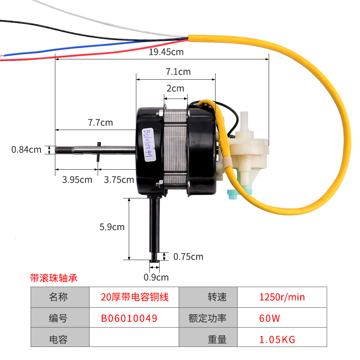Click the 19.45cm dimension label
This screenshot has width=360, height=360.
(166, 52)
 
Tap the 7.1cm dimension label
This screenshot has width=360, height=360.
(178, 72)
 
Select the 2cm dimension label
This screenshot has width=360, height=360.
(175, 88)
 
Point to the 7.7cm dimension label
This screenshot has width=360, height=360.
(100, 122)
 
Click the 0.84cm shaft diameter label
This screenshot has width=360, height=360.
(26, 149)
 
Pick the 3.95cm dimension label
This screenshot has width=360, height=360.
(77, 180)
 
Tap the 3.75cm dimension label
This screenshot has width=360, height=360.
(119, 180)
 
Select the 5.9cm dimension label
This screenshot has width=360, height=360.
(112, 227)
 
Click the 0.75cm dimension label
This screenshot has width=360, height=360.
(188, 256)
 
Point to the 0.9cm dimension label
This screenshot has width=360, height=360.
(156, 277)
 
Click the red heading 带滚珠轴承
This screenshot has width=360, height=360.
(54, 278)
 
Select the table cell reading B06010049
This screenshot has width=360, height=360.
(129, 319)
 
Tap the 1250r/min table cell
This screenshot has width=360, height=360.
(282, 297)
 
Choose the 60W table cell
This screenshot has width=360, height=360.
(270, 319)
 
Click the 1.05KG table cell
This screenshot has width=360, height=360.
(278, 340)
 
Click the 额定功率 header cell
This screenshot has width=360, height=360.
(207, 319)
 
